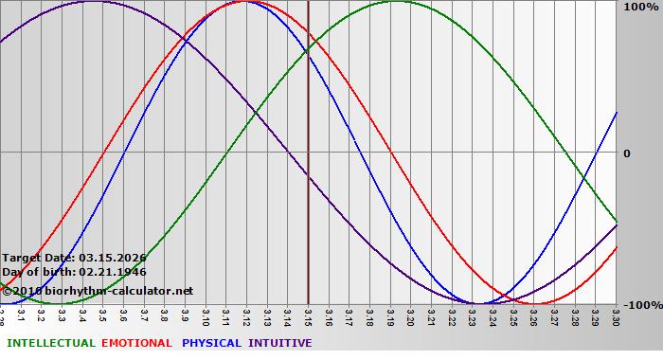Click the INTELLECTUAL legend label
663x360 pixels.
point(50,343)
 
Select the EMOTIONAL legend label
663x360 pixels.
point(136,343)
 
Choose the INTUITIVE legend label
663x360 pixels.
point(280,343)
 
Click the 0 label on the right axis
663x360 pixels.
point(626,153)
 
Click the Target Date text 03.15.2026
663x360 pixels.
point(113,258)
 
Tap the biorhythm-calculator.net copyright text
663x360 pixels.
point(104,290)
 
